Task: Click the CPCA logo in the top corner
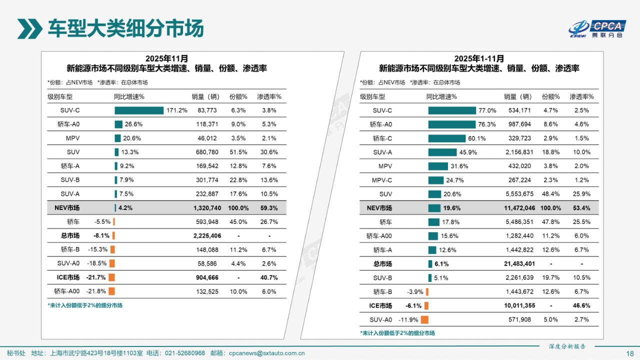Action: [x=597, y=29]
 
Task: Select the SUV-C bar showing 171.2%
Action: [x=139, y=110]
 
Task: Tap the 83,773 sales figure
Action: [x=207, y=110]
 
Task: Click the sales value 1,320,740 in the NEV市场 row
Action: [x=203, y=208]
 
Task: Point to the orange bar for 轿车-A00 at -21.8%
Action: [x=111, y=291]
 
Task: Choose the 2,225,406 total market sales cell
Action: [x=203, y=235]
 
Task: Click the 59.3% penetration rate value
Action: [x=269, y=208]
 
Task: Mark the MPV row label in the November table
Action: [x=73, y=138]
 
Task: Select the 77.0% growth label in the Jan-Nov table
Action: [x=487, y=110]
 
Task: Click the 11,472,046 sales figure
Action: [x=516, y=208]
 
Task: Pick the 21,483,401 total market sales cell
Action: [x=516, y=263]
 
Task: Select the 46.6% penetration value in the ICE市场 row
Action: [x=581, y=305]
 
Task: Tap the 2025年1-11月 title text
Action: [x=479, y=58]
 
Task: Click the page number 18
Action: [x=629, y=353]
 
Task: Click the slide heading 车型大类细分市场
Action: [x=125, y=28]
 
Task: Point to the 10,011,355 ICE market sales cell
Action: [x=516, y=305]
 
